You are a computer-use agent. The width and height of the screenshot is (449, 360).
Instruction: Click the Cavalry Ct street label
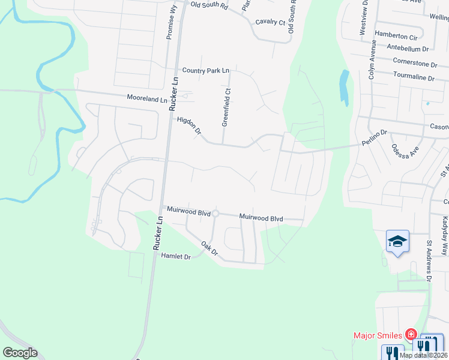[x=270, y=22]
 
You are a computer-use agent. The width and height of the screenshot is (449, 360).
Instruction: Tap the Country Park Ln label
[x=206, y=71]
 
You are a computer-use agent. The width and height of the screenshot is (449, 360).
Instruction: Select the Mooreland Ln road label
[x=147, y=97]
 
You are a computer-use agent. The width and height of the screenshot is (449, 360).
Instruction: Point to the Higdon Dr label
[x=189, y=125]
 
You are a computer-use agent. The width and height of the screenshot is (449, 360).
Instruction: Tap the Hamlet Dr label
[x=176, y=256]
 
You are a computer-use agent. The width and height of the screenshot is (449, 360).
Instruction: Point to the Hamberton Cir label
[x=395, y=35]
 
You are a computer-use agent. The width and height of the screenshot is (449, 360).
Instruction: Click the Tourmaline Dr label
[x=413, y=78]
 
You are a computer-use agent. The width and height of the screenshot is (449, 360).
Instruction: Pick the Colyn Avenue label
[x=372, y=60]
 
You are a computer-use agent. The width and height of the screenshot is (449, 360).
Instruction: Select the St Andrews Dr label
[x=429, y=262]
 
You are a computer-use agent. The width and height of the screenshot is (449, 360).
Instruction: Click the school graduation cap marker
[x=397, y=241]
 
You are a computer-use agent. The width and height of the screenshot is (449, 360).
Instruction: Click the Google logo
[x=20, y=353]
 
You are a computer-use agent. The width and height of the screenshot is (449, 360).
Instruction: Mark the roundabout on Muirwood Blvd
[x=215, y=214]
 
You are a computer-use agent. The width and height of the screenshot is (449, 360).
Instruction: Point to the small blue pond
[x=344, y=87]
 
